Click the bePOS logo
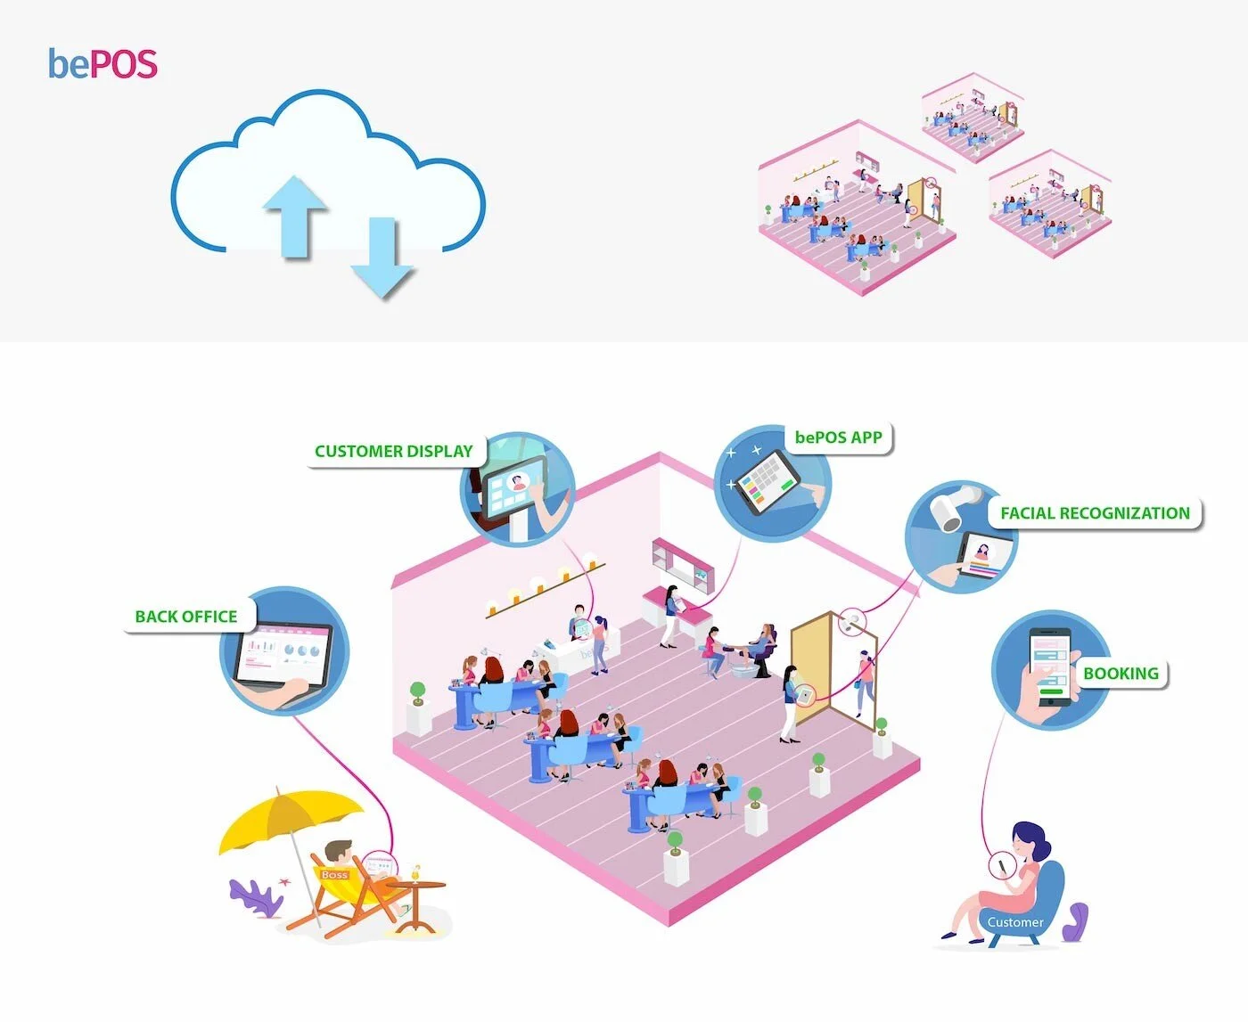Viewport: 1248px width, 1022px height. click(103, 64)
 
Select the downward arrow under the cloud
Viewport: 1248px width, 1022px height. click(382, 258)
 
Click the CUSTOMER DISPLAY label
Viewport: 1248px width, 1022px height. click(393, 451)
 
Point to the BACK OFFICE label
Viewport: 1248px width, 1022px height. click(186, 617)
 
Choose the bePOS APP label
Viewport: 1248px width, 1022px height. click(838, 437)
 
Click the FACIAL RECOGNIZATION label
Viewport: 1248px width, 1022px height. click(1095, 513)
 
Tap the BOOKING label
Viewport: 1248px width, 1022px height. click(1121, 674)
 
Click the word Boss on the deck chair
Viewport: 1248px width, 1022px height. click(335, 875)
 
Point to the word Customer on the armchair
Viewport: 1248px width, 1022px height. click(1014, 922)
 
